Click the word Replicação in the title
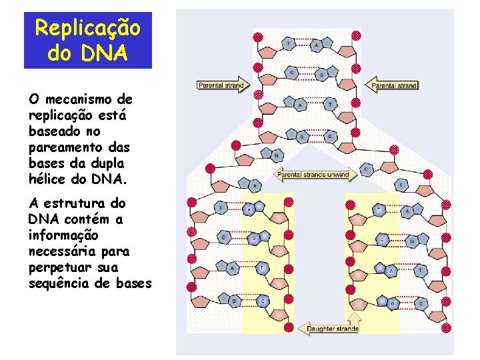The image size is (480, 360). [x=88, y=28]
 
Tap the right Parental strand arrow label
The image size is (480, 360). [x=393, y=85]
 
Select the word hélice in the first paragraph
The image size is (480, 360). [x=52, y=179]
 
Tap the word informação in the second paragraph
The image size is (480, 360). [x=63, y=235]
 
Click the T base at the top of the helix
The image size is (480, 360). [x=288, y=43]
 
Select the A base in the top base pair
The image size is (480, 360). [x=316, y=45]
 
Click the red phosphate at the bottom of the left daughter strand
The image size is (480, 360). [x=289, y=327]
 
